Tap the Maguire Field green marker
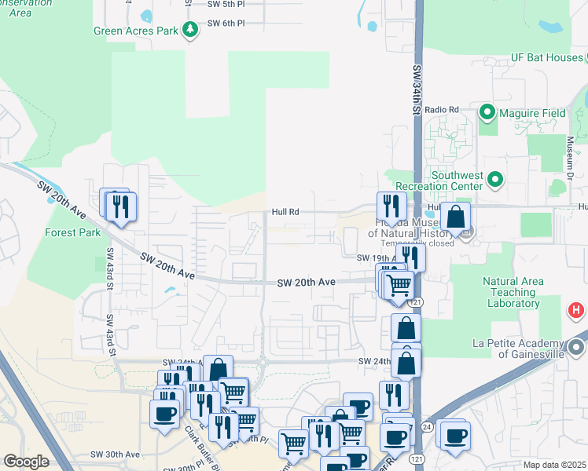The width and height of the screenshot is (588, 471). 487,113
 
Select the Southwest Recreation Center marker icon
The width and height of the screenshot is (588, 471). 494,181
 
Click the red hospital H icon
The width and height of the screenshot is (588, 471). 576,311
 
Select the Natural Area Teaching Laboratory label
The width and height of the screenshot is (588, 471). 513,292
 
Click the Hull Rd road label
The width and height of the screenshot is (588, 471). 285,211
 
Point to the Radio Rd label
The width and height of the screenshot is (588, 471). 441,109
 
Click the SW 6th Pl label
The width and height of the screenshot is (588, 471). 226,23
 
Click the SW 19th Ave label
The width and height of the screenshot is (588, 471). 374,257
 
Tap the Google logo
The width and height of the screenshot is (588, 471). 27,462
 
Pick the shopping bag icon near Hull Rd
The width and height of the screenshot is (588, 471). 455,217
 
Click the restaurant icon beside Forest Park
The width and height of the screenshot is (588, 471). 120,206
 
